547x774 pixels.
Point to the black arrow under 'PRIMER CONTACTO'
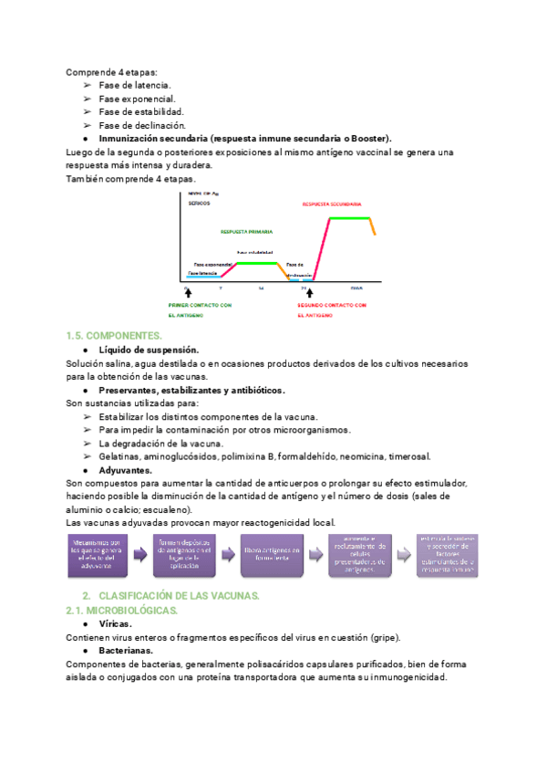point(188,292)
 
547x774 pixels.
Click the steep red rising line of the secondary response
point(322,246)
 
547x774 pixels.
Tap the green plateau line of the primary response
point(257,263)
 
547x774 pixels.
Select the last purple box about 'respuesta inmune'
point(448,555)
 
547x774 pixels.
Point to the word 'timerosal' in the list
point(409,455)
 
